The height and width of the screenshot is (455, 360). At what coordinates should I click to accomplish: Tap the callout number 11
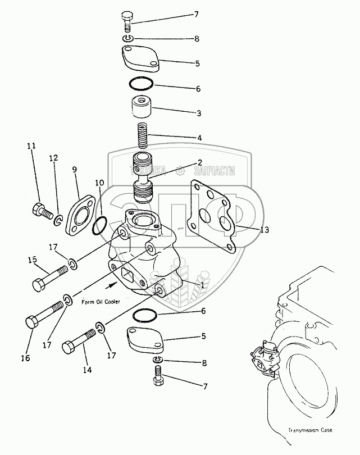pos(32,145)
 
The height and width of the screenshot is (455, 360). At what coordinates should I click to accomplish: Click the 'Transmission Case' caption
pos(311,431)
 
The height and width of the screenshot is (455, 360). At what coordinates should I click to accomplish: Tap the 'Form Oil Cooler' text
pos(101,302)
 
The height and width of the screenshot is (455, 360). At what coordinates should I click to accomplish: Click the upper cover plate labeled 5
pos(140,58)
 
